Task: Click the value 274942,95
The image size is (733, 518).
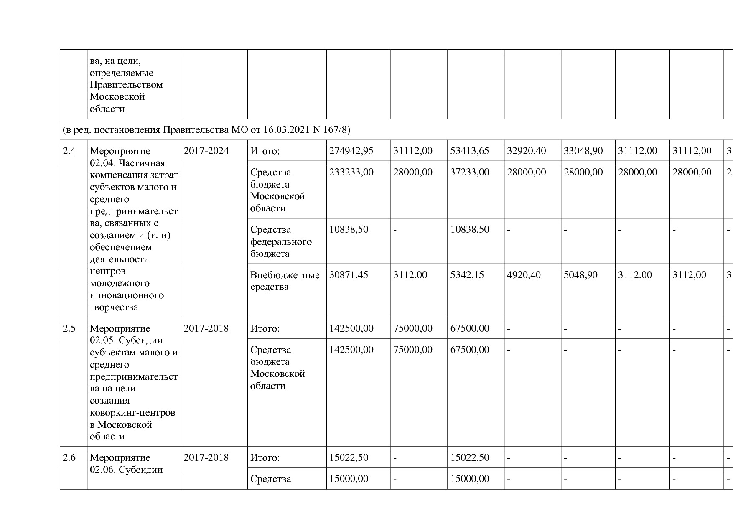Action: click(351, 151)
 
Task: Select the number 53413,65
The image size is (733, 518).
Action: click(469, 151)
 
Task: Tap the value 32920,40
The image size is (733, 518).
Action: click(526, 151)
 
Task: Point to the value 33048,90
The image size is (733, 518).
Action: click(583, 151)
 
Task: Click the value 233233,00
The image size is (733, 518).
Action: click(351, 172)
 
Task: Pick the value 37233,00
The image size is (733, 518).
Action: click(469, 172)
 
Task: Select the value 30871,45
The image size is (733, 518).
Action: click(349, 275)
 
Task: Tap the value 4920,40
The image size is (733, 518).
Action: click(524, 275)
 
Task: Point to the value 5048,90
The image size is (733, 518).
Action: click(580, 275)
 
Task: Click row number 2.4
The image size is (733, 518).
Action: click(69, 151)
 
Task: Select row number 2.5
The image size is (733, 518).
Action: click(69, 328)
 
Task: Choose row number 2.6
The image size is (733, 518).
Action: click(69, 457)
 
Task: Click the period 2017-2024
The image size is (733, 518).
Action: click(206, 151)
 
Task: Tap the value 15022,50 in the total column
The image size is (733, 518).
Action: click(349, 457)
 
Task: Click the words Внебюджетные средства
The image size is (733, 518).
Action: click(285, 281)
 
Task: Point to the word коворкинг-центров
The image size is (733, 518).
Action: click(132, 413)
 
